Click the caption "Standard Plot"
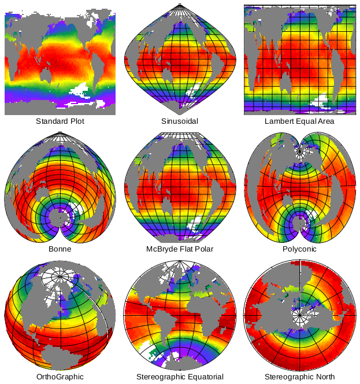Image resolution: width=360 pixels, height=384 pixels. (60, 121)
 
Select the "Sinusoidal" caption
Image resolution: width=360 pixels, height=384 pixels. (180, 121)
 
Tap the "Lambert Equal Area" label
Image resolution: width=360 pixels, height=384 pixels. (299, 121)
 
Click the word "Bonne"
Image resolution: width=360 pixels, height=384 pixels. (60, 249)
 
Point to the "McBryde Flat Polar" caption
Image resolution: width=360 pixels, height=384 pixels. (180, 249)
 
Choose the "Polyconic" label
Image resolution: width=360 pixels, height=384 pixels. (299, 249)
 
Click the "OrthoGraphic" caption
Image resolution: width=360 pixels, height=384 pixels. (60, 376)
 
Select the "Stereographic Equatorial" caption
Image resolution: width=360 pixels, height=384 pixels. (180, 376)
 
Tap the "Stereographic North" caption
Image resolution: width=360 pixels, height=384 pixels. (299, 376)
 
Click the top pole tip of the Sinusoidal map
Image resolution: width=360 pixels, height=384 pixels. (180, 5)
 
